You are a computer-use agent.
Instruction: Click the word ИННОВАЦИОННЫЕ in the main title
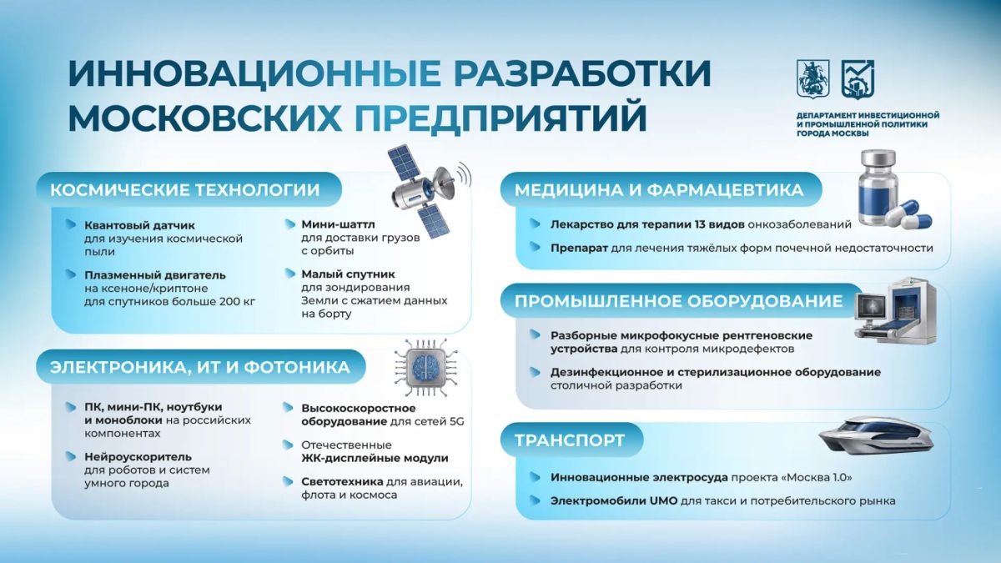254,73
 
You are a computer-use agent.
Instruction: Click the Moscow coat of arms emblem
813,79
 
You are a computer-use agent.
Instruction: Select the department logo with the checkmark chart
858,79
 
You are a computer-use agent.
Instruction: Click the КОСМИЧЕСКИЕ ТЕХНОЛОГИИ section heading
185,190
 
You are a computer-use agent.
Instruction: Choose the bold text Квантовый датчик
139,226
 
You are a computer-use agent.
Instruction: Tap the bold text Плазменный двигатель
155,275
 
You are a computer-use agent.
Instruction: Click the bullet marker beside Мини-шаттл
289,224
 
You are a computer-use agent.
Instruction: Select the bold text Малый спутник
348,274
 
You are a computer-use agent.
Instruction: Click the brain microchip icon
425,368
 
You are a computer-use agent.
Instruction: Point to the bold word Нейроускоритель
138,457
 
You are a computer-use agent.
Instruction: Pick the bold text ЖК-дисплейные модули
375,459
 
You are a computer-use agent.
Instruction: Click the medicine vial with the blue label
878,189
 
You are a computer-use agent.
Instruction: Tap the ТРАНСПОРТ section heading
569,440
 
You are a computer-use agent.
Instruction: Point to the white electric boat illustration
876,435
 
